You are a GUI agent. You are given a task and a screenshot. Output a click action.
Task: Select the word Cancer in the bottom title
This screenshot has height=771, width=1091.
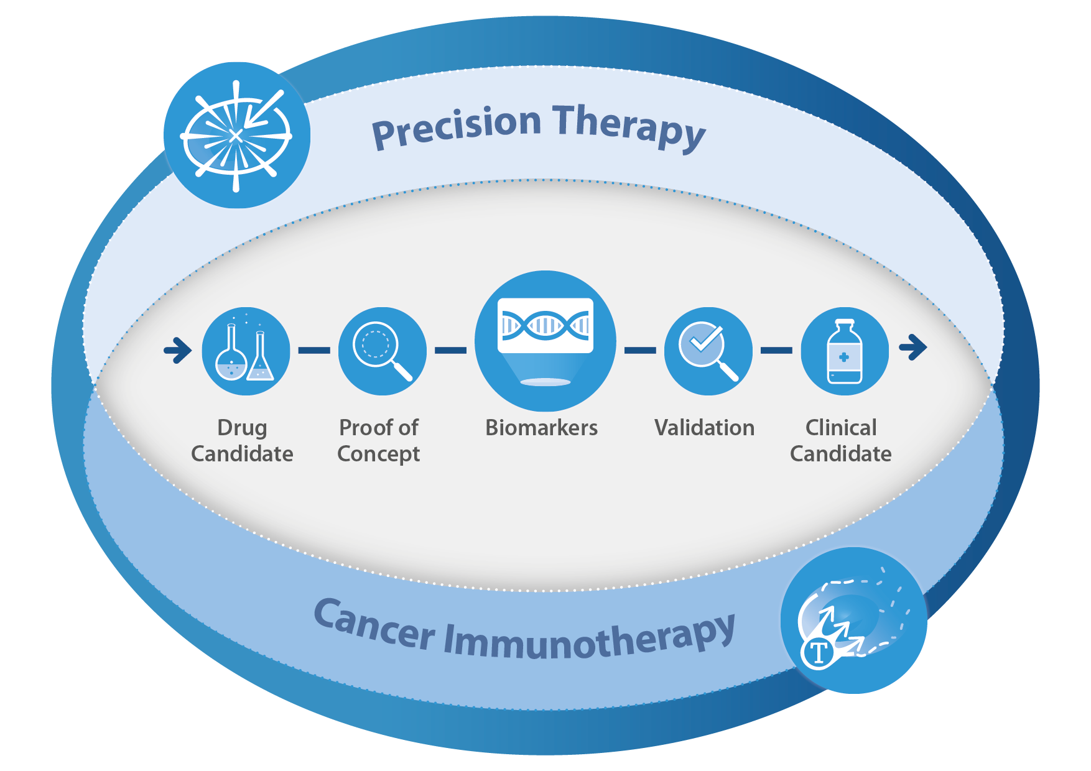click(374, 625)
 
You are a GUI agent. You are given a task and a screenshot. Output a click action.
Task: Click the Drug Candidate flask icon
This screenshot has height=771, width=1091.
click(246, 351)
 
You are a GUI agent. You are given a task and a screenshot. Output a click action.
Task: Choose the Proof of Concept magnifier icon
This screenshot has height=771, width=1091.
click(382, 351)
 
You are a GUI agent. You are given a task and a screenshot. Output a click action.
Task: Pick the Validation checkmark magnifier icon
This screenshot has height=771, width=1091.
click(708, 351)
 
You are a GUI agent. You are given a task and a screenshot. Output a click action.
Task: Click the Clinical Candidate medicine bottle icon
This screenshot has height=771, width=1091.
click(845, 351)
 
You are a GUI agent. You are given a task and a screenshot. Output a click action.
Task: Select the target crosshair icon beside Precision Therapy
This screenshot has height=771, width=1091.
click(236, 135)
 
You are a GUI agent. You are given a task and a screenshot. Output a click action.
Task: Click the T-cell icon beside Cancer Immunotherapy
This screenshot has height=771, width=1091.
click(853, 621)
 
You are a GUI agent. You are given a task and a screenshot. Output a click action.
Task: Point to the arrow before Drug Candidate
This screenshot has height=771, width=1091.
click(178, 350)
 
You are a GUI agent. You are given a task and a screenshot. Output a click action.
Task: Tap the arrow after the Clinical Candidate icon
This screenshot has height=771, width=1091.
click(913, 347)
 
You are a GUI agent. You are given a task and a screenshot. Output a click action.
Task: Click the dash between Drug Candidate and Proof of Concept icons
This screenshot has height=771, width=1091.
click(314, 351)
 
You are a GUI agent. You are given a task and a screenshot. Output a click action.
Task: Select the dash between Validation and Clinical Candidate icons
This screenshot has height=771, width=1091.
click(776, 351)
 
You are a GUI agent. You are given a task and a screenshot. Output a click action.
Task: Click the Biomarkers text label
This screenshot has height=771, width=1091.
click(541, 428)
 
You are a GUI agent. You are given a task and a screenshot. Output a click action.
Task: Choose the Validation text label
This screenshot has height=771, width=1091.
click(704, 428)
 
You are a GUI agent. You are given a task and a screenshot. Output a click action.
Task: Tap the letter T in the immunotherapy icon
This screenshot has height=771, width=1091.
click(819, 653)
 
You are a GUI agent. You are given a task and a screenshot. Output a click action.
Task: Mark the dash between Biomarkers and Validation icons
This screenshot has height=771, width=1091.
click(640, 351)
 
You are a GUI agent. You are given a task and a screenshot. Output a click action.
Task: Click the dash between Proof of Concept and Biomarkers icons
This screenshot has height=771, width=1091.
click(450, 351)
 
